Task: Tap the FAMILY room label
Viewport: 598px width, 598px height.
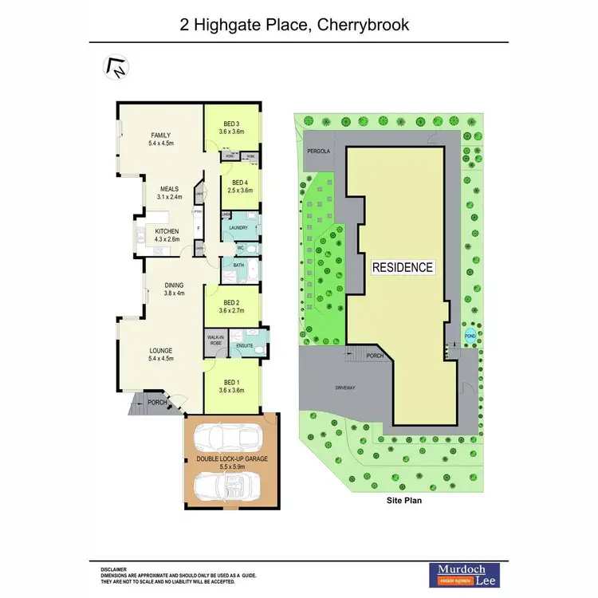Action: tap(163, 135)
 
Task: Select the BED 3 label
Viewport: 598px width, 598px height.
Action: tap(232, 124)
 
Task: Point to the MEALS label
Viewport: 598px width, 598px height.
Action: tap(169, 189)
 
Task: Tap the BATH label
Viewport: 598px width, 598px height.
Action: tap(238, 265)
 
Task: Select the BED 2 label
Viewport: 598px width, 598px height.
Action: tap(232, 303)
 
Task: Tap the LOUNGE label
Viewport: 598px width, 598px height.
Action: tap(161, 350)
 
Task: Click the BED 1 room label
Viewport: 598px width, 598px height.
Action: tap(232, 382)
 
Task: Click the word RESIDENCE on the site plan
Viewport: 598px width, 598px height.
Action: tap(403, 268)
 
